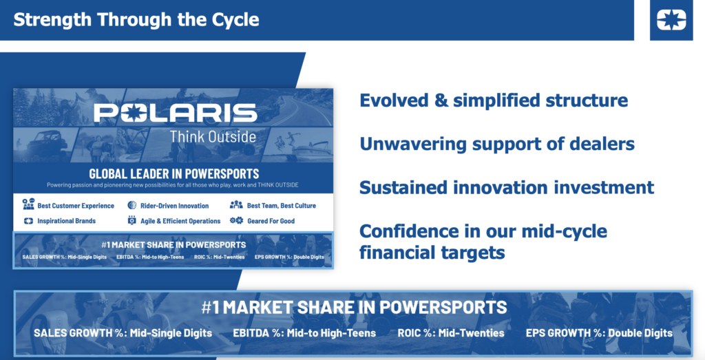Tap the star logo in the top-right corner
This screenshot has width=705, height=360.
coord(671,20)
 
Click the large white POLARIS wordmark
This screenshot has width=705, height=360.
coord(176,113)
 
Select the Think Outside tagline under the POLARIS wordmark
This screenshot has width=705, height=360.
coord(213,136)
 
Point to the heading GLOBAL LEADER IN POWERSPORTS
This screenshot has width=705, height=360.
coord(174,173)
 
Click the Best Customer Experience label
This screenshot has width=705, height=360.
coord(76,206)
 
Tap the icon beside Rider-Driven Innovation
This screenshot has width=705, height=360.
coord(131,205)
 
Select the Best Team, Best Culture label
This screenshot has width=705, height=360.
coord(282,206)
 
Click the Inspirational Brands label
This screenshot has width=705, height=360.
coord(67,221)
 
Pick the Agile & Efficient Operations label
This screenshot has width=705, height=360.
coord(180,221)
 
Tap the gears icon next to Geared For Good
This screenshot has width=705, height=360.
coord(237,221)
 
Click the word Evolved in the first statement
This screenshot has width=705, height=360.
coord(394,100)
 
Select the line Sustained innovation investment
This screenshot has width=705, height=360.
coord(507,187)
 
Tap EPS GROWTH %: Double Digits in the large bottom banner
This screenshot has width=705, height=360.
coord(600,333)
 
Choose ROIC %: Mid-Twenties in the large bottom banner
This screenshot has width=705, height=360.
coord(451,333)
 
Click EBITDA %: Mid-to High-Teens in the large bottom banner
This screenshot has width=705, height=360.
coord(304,333)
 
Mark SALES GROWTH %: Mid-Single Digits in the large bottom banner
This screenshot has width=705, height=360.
coord(123,333)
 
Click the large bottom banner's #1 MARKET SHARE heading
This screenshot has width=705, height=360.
coord(355,308)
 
